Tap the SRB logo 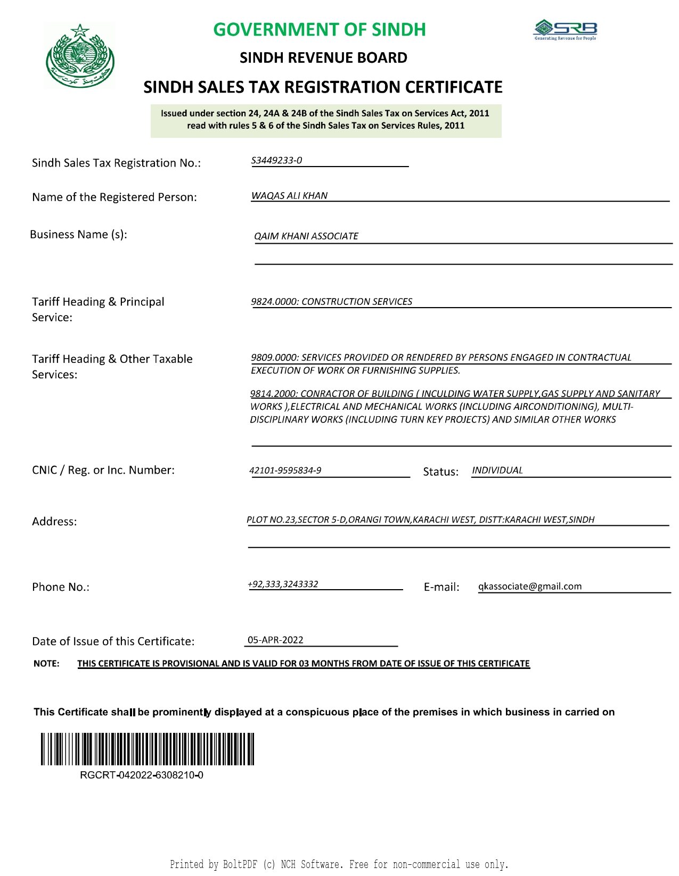pos(566,30)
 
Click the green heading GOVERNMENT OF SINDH pos(320,30)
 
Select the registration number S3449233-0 pos(276,160)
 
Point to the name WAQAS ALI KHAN pos(289,195)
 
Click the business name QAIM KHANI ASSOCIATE pos(306,236)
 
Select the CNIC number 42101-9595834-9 pos(285,470)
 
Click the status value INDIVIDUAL pos(497,470)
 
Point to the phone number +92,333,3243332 pos(283,584)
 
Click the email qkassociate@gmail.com pos(530,586)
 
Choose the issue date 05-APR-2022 pos(275,640)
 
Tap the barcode pos(148,749)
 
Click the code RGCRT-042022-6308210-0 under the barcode pos(142,775)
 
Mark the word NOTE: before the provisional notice pos(46,664)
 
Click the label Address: pos(54,522)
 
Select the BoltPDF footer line pos(339,864)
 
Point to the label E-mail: pos(441,587)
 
